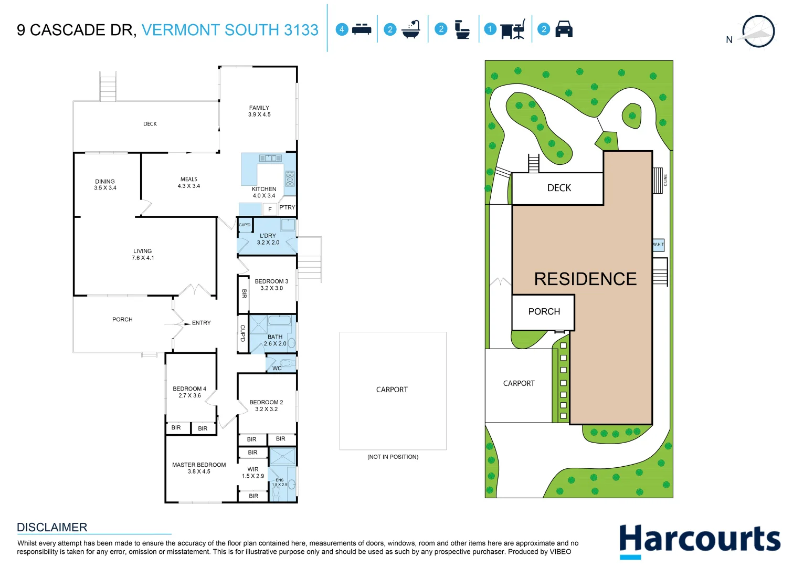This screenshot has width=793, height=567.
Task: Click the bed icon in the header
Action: coord(362,29)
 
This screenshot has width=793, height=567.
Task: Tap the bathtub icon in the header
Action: coord(411,29)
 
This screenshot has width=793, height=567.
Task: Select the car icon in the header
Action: coord(564,29)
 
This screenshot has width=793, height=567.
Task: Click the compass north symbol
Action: coord(758,32)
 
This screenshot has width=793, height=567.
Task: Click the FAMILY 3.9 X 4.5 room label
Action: coord(259,111)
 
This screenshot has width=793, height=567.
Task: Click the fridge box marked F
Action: coord(270,209)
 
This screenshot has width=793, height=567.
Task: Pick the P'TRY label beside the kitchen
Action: coord(287,207)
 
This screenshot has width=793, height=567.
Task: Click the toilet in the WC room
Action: coord(286,363)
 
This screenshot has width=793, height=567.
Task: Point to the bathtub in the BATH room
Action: coord(280,321)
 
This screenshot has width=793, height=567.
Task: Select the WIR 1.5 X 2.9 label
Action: coord(253,472)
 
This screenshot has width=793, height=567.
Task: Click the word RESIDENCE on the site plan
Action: coord(585,279)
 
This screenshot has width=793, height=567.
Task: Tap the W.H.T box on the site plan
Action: coord(658,245)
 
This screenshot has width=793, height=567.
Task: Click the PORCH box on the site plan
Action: coord(544,312)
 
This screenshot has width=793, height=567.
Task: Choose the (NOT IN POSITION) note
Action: coord(393,457)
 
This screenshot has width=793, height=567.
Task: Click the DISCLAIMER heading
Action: coord(52,527)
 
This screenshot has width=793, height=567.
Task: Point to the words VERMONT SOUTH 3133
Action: coord(230,30)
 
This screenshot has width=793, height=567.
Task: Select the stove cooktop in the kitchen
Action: coord(290,178)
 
